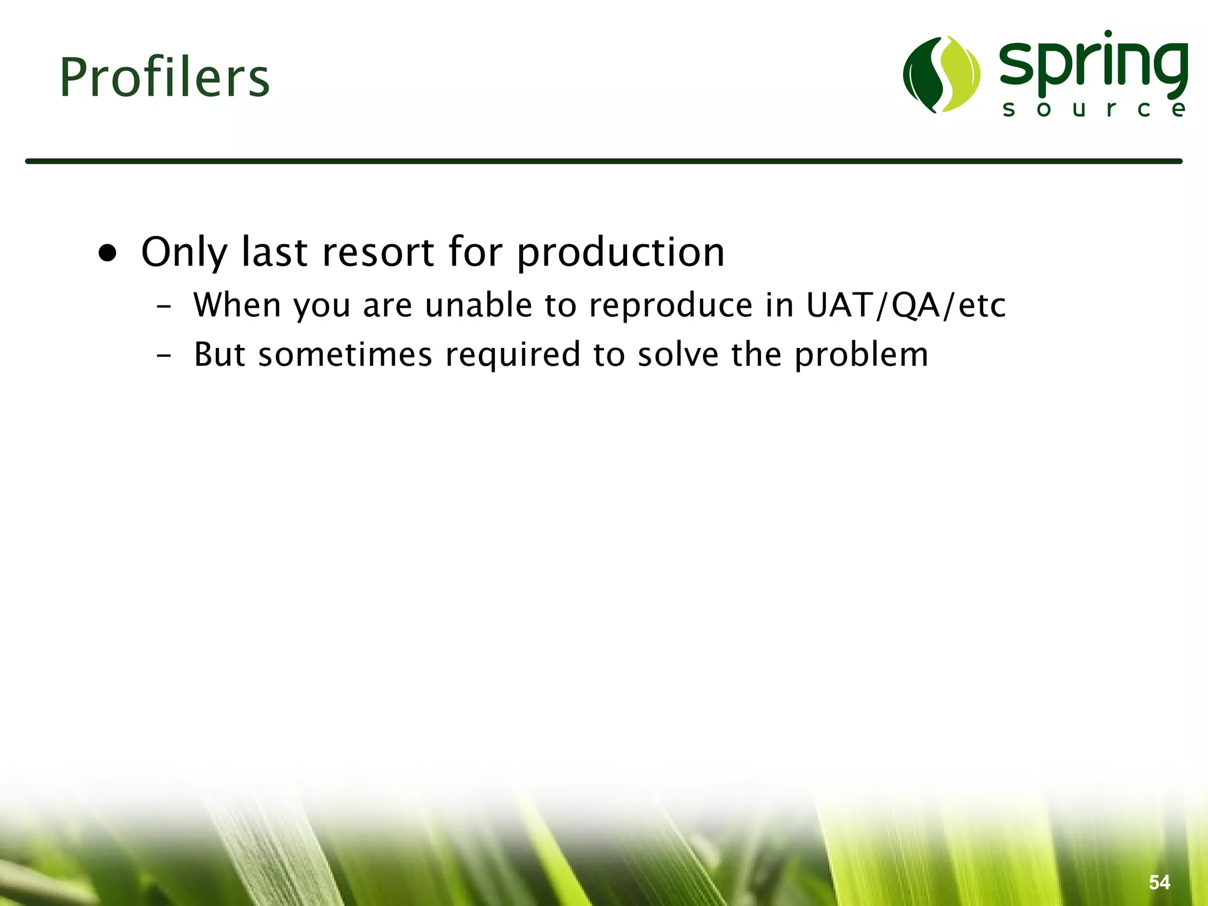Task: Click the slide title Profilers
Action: click(165, 78)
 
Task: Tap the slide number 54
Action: click(1159, 882)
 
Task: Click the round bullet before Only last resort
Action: click(108, 254)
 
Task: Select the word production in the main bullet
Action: click(621, 252)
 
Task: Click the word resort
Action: click(378, 252)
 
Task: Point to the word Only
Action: click(183, 252)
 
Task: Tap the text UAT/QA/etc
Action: click(905, 305)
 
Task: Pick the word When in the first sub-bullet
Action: click(237, 305)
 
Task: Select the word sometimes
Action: click(345, 354)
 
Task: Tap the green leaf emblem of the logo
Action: click(941, 74)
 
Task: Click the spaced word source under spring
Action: click(1094, 110)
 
